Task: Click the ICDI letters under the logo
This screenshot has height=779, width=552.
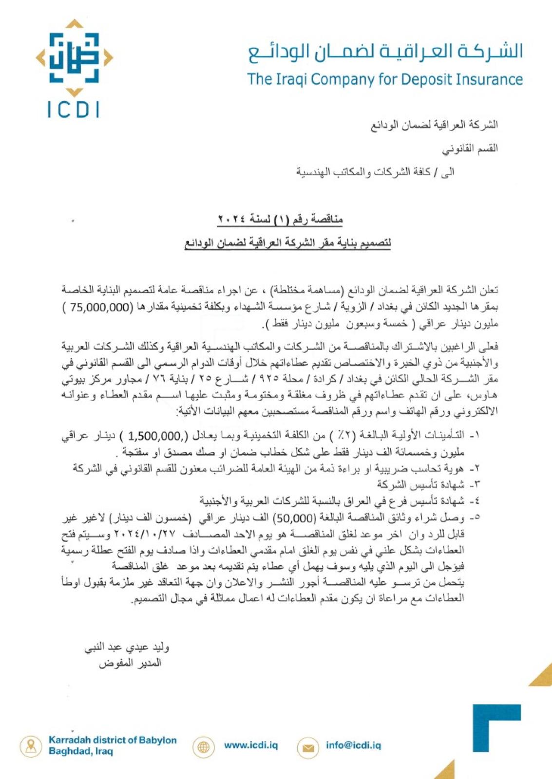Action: (74, 110)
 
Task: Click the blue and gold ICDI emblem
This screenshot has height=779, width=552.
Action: (74, 58)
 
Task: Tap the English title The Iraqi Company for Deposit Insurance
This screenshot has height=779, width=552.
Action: (384, 79)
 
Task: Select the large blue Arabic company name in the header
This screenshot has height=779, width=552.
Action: (385, 51)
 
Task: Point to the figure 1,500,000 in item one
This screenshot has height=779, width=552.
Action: (155, 435)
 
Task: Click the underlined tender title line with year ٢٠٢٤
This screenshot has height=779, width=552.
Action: (280, 220)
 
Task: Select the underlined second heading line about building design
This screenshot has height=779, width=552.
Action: (287, 242)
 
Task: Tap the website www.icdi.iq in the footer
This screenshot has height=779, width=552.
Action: (251, 745)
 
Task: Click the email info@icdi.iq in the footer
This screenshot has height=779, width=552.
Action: (353, 745)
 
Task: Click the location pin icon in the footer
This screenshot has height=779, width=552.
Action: (31, 746)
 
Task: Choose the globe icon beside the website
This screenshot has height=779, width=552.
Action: (204, 746)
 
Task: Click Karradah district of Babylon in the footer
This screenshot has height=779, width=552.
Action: (113, 740)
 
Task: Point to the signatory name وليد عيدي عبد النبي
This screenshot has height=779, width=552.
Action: (127, 647)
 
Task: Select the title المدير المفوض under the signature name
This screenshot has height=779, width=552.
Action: (130, 663)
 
